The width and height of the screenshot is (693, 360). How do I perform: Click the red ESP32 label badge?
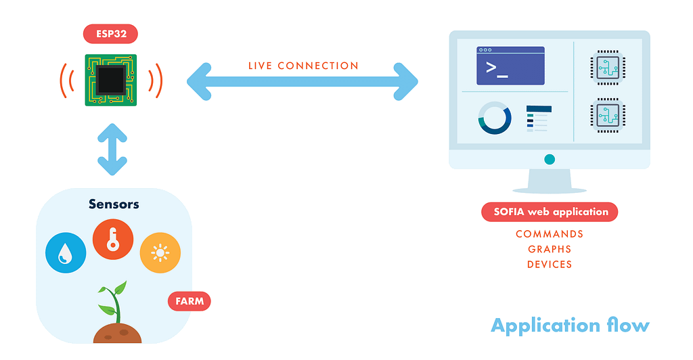(110, 34)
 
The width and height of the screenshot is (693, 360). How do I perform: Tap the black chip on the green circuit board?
(111, 80)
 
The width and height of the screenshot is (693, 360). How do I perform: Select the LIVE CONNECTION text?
(303, 66)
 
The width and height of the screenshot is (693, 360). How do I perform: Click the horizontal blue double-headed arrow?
(303, 82)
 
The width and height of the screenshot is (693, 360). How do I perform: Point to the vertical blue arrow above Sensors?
(112, 150)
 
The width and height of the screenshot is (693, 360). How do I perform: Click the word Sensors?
(114, 204)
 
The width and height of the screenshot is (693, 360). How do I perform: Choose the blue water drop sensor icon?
(66, 252)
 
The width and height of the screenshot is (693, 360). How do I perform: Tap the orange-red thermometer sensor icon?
(113, 240)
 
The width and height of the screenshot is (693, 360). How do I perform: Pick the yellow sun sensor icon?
(160, 252)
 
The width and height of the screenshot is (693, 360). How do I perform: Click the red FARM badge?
(189, 301)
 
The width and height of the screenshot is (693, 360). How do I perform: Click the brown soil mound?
(118, 334)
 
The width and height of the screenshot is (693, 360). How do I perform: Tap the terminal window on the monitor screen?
(510, 66)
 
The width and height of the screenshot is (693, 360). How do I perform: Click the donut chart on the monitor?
(495, 118)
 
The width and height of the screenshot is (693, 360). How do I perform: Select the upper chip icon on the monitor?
(608, 68)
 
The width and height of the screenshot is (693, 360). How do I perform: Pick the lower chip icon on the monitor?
(608, 115)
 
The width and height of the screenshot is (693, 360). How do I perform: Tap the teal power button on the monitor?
(550, 160)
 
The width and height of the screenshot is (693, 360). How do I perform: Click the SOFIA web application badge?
(550, 212)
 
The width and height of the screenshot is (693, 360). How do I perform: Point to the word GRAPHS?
(550, 249)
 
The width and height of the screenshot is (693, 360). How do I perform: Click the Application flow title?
(570, 325)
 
